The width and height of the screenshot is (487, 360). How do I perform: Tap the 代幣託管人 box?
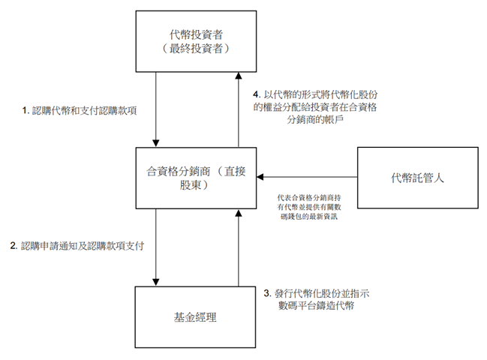point(417,178)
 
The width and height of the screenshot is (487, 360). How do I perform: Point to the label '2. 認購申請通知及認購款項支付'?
point(77,245)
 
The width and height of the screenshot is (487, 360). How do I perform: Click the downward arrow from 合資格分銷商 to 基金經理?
point(155,247)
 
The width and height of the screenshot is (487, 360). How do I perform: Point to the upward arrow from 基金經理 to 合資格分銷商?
point(239,247)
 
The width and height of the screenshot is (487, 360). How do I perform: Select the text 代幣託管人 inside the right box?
point(417,178)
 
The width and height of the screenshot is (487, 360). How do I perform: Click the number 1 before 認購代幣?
point(25,110)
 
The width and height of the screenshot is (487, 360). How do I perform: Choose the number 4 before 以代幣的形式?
point(257,96)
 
